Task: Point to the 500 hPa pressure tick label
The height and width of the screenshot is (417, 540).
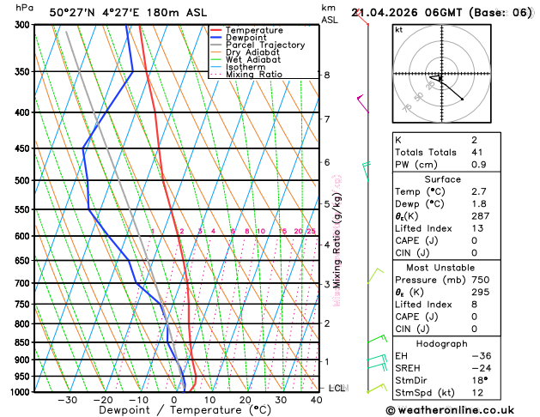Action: pos(23,181)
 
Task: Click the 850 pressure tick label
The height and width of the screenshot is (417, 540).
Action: pos(23,343)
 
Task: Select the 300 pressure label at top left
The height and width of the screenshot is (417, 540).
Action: pos(23,25)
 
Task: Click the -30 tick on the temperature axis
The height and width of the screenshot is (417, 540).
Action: pos(67,400)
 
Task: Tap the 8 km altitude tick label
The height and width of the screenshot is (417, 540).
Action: pos(326,76)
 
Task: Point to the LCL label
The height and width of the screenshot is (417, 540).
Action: pos(337,389)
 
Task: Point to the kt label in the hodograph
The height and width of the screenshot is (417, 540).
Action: pos(398,29)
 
